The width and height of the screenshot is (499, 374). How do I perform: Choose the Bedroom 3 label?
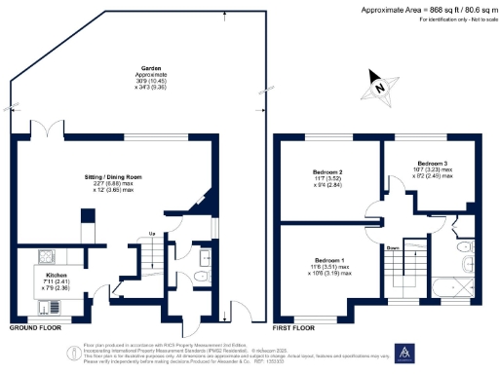point(432,163)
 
